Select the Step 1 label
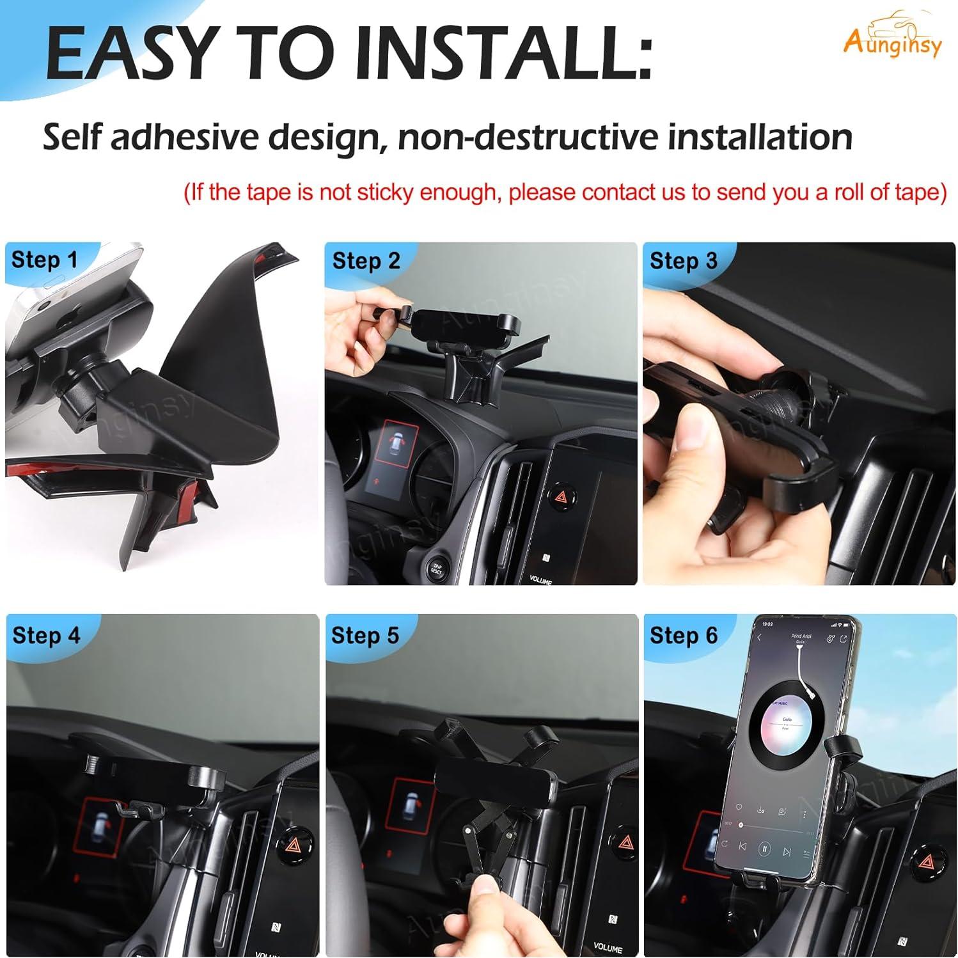click(x=44, y=260)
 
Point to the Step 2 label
click(x=366, y=261)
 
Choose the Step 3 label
click(x=683, y=261)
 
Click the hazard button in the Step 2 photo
click(x=561, y=495)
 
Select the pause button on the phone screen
click(x=764, y=850)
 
